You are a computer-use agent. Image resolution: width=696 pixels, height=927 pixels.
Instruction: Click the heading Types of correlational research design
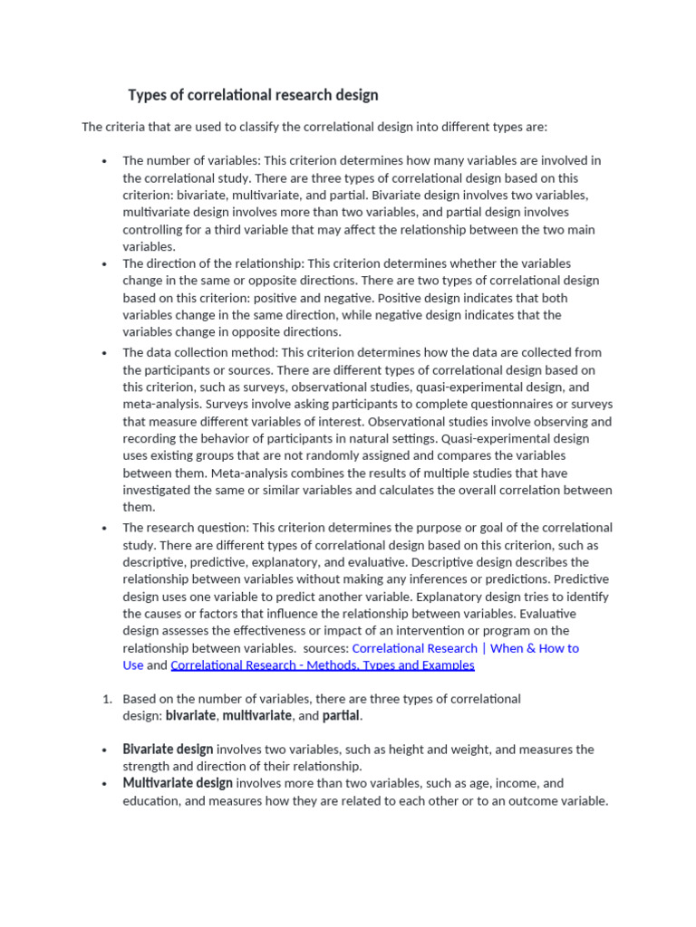[x=253, y=95]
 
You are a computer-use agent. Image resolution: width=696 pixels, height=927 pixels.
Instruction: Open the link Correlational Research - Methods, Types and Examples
[x=322, y=665]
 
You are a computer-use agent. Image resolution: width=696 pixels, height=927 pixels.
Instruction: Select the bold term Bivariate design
[x=168, y=750]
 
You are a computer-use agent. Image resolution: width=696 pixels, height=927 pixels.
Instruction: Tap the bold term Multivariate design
[x=178, y=783]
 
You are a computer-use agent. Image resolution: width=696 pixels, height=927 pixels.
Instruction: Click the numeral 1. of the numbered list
[x=106, y=699]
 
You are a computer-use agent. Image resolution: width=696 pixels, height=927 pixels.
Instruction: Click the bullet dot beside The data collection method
[x=105, y=353]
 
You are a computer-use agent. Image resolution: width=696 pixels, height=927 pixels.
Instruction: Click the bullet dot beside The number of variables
[x=105, y=161]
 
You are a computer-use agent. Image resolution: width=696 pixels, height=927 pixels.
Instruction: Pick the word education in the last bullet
[x=151, y=801]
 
